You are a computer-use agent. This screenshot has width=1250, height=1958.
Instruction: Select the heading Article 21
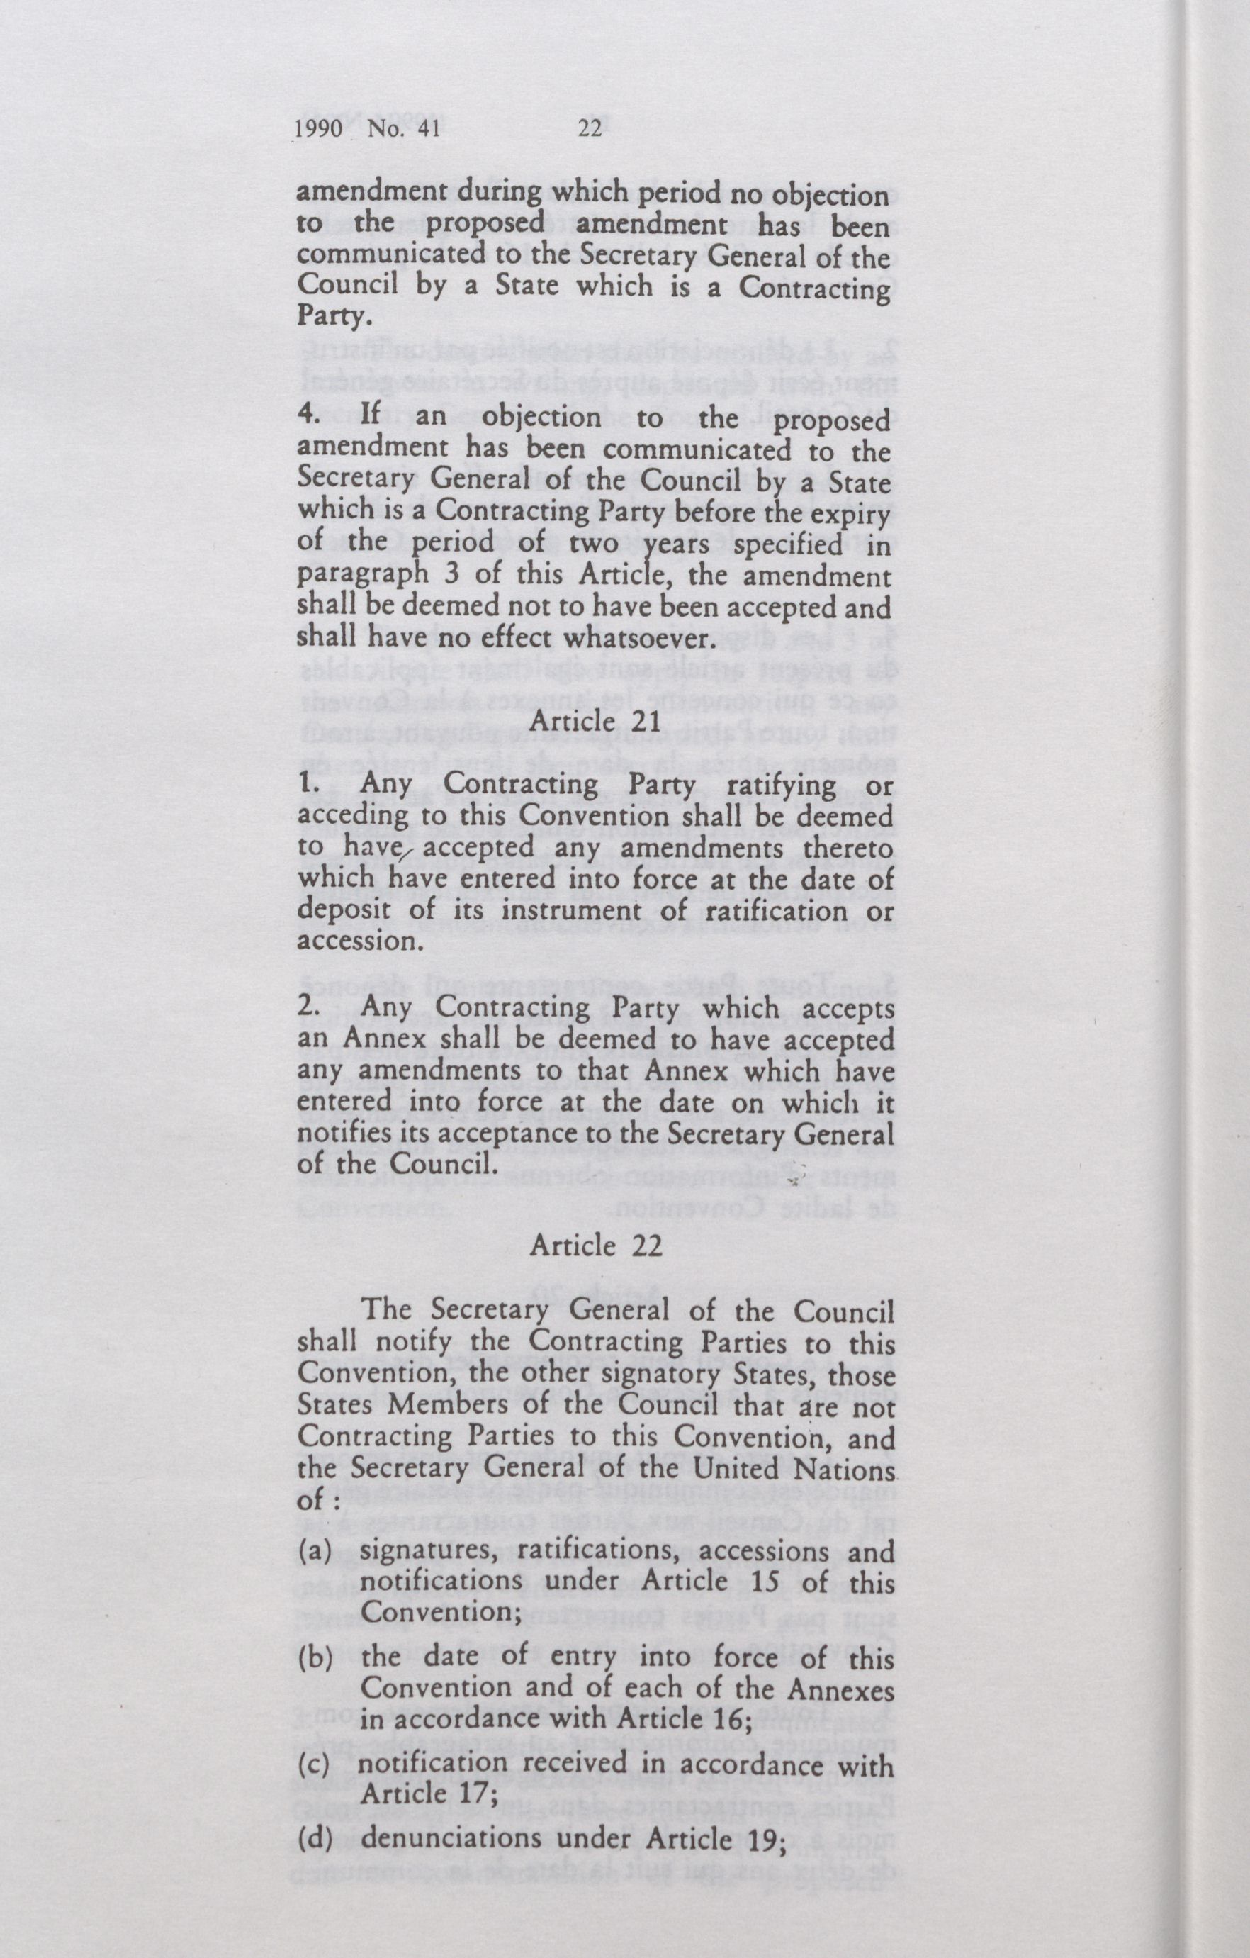[595, 720]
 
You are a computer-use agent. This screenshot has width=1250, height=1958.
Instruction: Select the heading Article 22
[596, 1246]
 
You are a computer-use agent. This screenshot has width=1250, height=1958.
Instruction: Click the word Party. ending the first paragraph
[325, 315]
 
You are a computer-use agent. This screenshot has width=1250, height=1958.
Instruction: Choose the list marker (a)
[315, 1550]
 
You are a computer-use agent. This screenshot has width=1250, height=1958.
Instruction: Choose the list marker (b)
[315, 1657]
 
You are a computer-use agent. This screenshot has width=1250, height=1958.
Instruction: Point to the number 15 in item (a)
[759, 1582]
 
